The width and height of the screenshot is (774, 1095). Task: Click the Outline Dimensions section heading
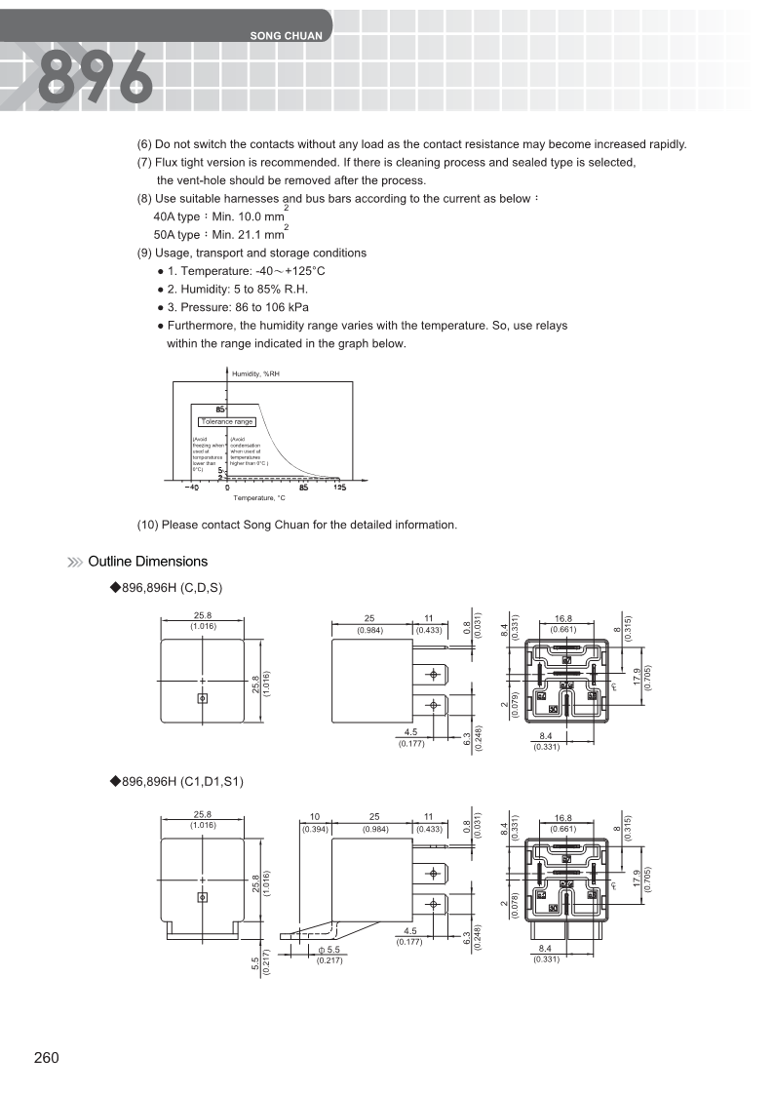147,562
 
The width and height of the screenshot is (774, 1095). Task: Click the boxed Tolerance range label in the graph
227,421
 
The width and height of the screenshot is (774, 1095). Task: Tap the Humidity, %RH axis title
255,373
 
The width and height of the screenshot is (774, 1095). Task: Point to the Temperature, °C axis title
259,498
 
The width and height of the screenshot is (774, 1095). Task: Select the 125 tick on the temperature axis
339,488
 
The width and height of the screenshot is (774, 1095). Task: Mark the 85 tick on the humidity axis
220,409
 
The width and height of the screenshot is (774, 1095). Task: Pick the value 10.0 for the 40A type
246,215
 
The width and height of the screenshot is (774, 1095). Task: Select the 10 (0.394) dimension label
315,822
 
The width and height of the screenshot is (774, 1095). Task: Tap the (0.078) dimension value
514,907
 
